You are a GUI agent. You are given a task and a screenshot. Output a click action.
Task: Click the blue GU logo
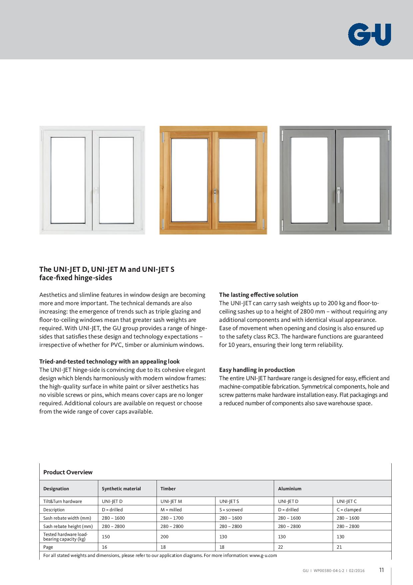pyautogui.click(x=369, y=34)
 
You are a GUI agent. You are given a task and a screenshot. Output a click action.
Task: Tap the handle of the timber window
pyautogui.click(x=215, y=195)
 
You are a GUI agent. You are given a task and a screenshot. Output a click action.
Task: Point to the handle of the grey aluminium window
pyautogui.click(x=338, y=195)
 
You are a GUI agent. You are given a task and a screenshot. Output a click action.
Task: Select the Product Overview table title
pyautogui.click(x=68, y=472)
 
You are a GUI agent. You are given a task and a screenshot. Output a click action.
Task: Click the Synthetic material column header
pyautogui.click(x=121, y=489)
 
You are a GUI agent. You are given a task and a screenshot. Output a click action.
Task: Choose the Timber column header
pyautogui.click(x=168, y=489)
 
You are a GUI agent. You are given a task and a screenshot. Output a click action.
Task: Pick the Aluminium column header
pyautogui.click(x=289, y=489)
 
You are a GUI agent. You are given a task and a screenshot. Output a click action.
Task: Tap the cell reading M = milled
pyautogui.click(x=171, y=510)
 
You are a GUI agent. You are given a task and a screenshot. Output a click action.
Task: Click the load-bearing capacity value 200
pyautogui.click(x=164, y=537)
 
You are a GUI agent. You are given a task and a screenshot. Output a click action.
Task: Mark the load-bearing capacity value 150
pyautogui.click(x=106, y=537)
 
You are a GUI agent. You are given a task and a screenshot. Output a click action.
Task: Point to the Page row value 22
pyautogui.click(x=280, y=547)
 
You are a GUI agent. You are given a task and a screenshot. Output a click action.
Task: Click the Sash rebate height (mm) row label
pyautogui.click(x=68, y=526)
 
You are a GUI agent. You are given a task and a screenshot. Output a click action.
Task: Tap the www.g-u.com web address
pyautogui.click(x=263, y=555)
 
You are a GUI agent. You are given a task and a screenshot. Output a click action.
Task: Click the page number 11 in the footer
pyautogui.click(x=381, y=570)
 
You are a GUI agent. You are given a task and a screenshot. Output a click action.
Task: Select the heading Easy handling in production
pyautogui.click(x=257, y=370)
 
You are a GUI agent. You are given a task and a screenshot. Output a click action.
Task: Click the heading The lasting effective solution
pyautogui.click(x=258, y=295)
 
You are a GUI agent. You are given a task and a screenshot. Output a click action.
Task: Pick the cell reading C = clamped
pyautogui.click(x=349, y=510)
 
